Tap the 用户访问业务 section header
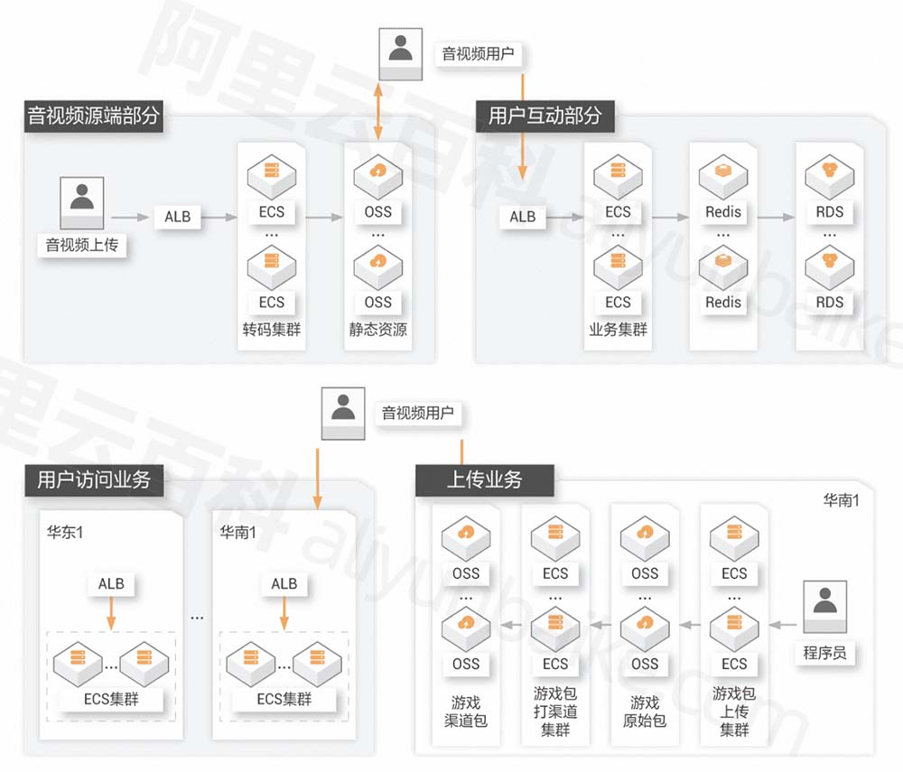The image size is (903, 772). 94,479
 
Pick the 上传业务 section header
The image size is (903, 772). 484,479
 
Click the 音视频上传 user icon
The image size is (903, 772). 82,201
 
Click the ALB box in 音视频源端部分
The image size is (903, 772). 178,217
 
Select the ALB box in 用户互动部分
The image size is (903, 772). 522,217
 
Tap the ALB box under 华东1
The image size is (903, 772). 111,584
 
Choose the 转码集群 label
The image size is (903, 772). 271,330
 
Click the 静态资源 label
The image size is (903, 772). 378,330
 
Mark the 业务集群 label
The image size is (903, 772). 618,330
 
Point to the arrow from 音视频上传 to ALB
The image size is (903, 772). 128,217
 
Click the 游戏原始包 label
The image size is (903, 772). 645,712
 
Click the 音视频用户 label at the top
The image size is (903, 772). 477,54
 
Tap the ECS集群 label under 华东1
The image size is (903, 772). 111,699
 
